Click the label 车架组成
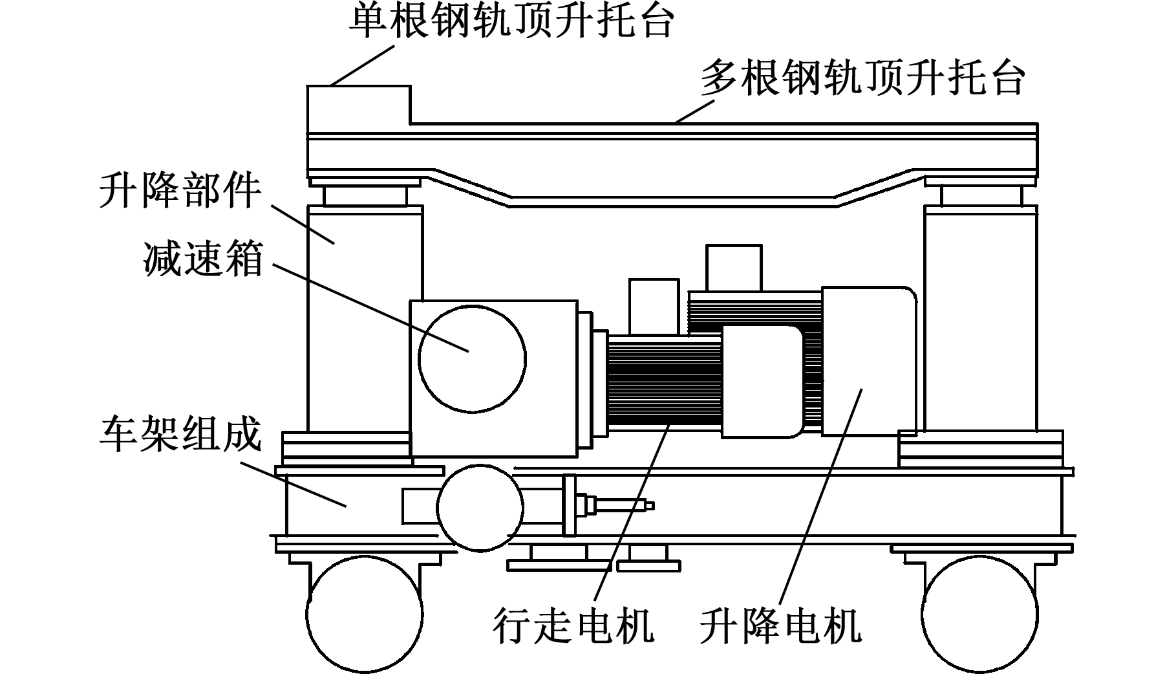[180, 433]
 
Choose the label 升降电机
[781, 625]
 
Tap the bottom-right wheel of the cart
[979, 613]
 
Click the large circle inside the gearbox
[472, 359]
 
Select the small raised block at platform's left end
[358, 106]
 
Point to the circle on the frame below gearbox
[480, 508]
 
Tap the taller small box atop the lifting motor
[733, 267]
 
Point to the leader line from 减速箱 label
[369, 307]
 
